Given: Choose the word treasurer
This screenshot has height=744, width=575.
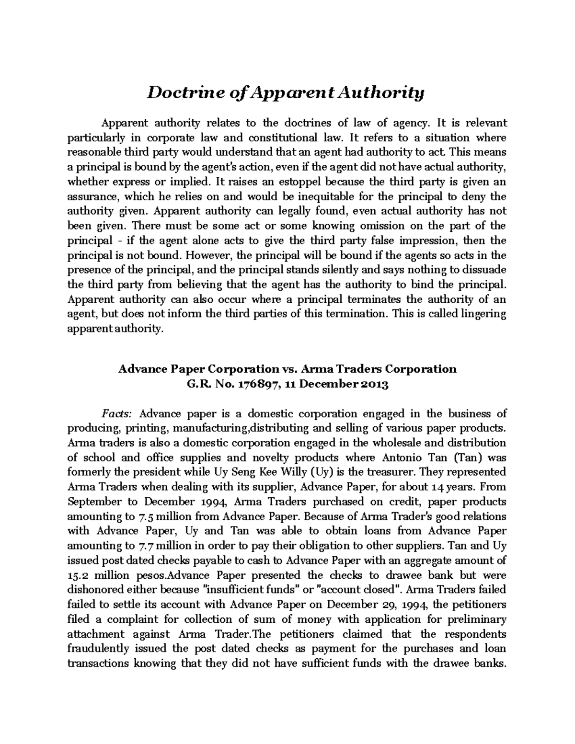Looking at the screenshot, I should [x=393, y=472].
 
